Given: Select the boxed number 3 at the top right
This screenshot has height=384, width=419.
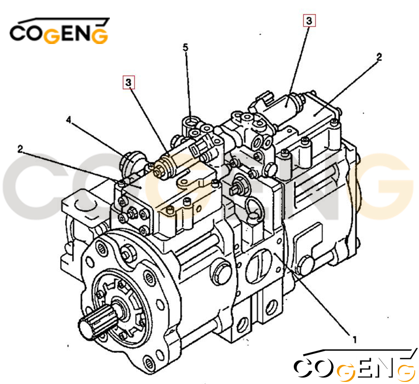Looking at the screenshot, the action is click(x=309, y=21).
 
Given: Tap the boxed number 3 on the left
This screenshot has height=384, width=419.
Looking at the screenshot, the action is click(x=129, y=82).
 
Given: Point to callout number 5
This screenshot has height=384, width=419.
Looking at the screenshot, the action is click(x=186, y=48).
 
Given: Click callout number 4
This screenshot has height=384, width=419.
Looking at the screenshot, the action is click(x=69, y=120).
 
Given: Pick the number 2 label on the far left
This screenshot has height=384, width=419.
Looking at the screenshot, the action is click(x=20, y=149).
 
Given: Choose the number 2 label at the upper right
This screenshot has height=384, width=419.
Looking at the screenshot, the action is click(x=379, y=57).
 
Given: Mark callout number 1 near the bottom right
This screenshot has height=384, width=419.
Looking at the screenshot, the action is click(x=354, y=340).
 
